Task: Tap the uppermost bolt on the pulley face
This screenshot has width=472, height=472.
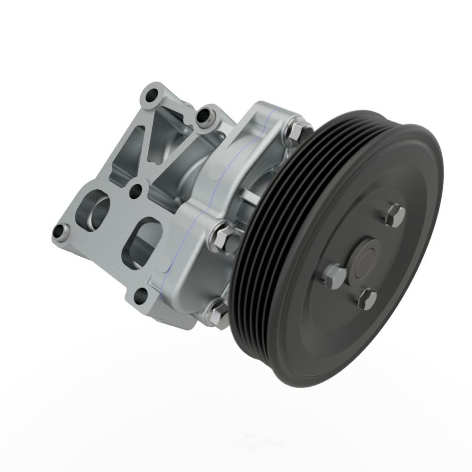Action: (395, 215)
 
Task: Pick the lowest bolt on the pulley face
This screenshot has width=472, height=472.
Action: (367, 299)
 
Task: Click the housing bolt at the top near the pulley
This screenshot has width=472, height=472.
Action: (295, 132)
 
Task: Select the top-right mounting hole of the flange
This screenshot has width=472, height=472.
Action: (205, 117)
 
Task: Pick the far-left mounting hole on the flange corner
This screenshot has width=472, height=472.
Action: (60, 232)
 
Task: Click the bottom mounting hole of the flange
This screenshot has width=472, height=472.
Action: (141, 296)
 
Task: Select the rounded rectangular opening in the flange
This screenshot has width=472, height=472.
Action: (142, 243)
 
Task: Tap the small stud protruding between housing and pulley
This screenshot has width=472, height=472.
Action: (250, 196)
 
